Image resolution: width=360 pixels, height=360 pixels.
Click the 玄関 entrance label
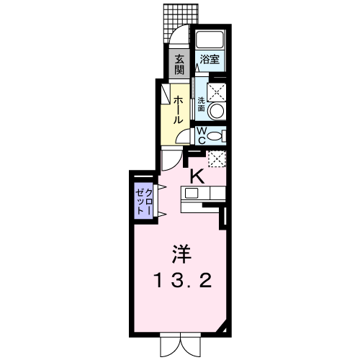tap(179, 64)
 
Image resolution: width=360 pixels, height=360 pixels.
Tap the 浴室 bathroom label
tap(210, 59)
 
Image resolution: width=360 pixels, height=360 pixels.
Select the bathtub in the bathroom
tap(210, 40)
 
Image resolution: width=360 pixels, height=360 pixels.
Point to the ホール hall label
tap(178, 109)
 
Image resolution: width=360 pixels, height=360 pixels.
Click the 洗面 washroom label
tap(201, 104)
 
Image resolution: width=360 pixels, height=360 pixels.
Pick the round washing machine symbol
tap(217, 111)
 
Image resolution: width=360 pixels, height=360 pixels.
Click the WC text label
tap(202, 135)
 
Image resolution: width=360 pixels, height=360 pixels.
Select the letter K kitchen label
tap(197, 176)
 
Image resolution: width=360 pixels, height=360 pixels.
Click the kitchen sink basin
tap(191, 193)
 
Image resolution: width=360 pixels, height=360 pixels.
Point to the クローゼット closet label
tap(144, 202)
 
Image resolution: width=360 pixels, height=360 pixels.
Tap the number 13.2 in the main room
tap(184, 281)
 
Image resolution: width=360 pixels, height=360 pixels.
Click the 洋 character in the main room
tap(181, 254)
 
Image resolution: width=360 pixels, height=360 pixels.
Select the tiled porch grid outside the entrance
tap(181, 22)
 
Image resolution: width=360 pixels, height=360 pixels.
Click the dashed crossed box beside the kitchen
tap(217, 159)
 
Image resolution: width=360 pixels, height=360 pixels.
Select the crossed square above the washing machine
tap(217, 92)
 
